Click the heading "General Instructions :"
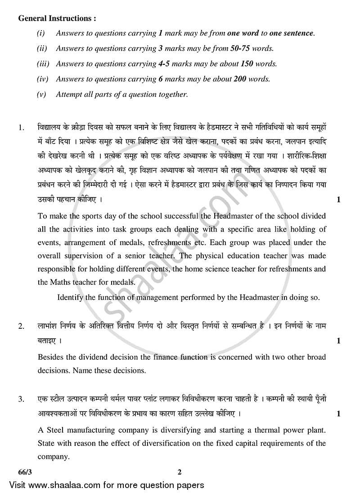point(57,18)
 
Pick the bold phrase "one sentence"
point(293,33)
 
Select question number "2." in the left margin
point(21,327)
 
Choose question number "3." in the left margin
point(21,399)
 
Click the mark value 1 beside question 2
point(338,341)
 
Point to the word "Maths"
point(61,282)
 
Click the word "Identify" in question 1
point(71,297)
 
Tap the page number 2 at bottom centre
point(179,472)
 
